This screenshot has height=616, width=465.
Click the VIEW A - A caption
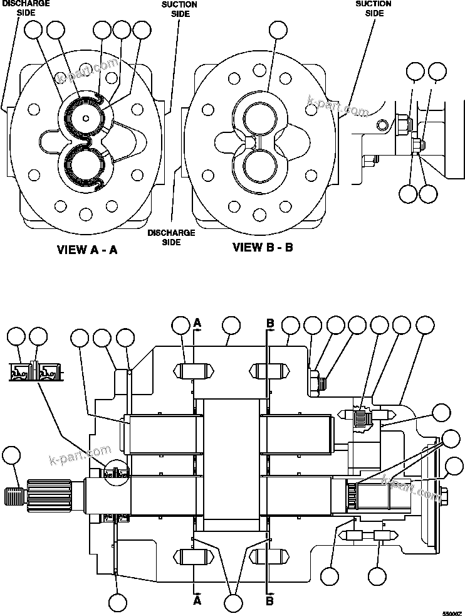click(x=87, y=250)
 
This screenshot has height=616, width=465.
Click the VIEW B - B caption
click(x=263, y=247)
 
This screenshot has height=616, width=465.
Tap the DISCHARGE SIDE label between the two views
click(x=162, y=237)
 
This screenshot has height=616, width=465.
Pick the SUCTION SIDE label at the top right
click(x=374, y=8)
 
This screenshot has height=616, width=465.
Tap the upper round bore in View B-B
click(x=259, y=118)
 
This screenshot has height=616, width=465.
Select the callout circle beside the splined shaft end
click(x=12, y=457)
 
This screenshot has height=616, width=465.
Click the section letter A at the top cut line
click(x=197, y=323)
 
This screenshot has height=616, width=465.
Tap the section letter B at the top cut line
click(x=271, y=323)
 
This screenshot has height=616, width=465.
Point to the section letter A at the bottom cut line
click(x=197, y=601)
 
